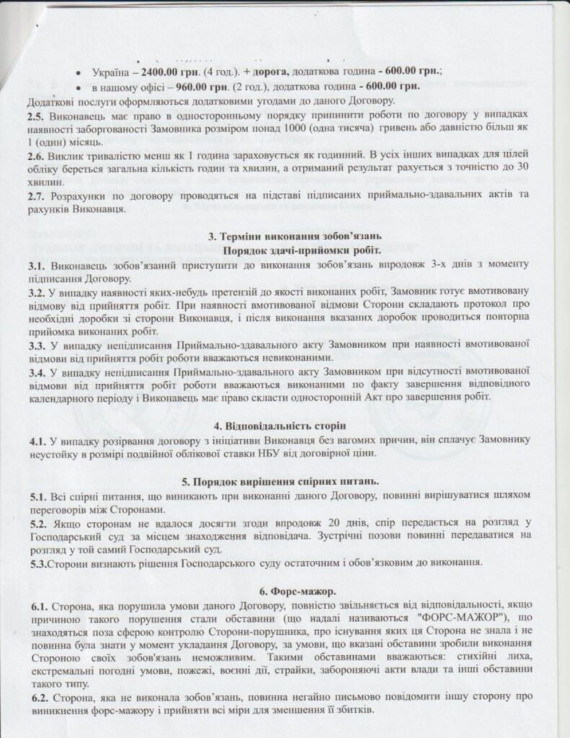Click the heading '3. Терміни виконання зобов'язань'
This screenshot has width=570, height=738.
[x=300, y=237]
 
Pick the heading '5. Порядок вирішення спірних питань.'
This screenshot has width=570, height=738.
[x=300, y=481]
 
